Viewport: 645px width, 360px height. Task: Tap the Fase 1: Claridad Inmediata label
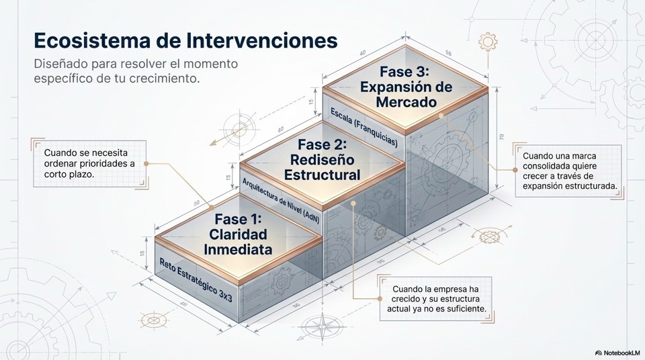239,234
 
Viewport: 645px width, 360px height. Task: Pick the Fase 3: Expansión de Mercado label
406,87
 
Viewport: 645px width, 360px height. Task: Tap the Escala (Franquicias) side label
363,128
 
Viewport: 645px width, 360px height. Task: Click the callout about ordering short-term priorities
89,163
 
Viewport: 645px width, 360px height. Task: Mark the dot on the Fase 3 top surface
441,116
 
